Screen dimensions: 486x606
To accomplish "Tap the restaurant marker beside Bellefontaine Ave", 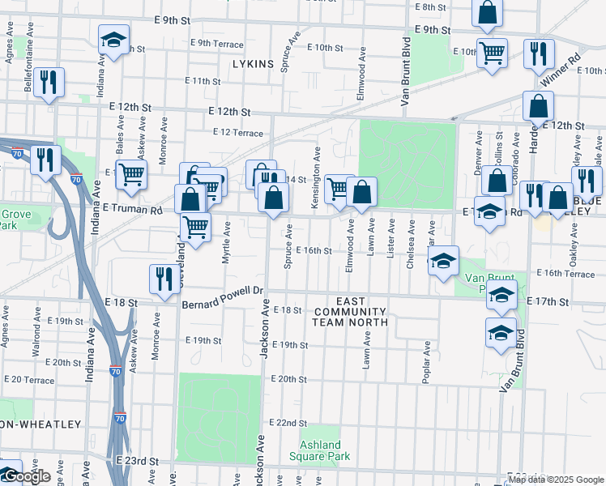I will [49, 82].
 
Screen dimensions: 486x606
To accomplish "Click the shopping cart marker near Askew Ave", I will [131, 174].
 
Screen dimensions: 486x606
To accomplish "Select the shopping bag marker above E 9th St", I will [489, 13].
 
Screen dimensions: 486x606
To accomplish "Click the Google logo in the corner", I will [28, 477].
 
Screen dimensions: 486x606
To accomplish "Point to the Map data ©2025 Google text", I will [555, 480].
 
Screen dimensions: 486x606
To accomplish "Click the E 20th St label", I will [289, 379].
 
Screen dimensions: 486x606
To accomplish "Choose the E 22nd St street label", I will [289, 423].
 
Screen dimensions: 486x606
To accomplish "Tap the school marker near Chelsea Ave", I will [443, 262].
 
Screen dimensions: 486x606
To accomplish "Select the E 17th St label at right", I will [548, 301].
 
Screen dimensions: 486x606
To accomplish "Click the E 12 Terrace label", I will [238, 132].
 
